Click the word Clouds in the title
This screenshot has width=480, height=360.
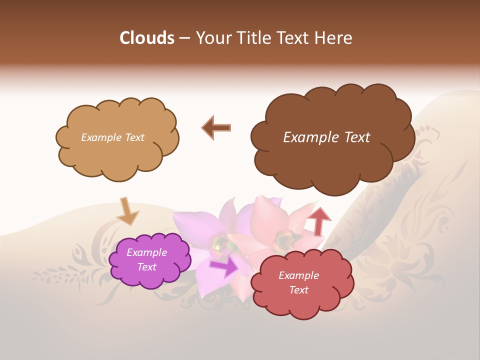coord(147,38)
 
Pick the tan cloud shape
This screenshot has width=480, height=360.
coord(115,157)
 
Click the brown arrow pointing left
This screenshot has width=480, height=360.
coord(216,127)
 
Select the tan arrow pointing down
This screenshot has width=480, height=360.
coord(127,211)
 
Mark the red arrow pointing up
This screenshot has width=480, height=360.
coord(319,220)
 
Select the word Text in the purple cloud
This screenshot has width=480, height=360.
coord(147,267)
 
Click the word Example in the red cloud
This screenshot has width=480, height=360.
coord(298,275)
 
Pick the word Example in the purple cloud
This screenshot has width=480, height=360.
coord(147,252)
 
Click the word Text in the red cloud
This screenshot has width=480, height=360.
coord(298,290)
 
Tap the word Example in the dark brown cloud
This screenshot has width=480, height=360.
coord(309,137)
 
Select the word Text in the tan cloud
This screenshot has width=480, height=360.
coord(133,137)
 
